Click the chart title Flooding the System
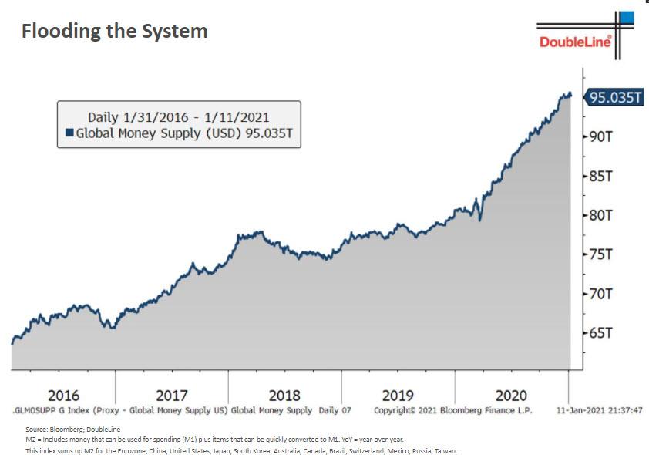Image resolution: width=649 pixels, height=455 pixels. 114,32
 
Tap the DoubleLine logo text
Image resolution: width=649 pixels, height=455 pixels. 575,42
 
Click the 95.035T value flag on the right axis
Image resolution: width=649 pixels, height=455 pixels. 615,97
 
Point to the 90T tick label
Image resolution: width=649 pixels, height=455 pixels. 601,136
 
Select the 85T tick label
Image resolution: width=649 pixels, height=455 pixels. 601,176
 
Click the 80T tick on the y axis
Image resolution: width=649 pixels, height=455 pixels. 601,215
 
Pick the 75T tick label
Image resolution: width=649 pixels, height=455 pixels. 601,254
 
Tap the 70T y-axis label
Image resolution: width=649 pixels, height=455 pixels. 601,294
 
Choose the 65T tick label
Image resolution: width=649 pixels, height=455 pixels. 601,333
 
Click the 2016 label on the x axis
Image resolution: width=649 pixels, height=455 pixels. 63,396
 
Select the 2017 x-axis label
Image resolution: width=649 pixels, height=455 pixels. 172,396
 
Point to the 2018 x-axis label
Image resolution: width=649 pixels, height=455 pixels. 284,396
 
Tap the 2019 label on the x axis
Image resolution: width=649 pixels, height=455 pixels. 398,396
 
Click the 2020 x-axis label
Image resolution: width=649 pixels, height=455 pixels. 511,396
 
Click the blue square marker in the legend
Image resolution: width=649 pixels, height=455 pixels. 69,133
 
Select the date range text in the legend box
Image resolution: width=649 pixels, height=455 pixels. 178,117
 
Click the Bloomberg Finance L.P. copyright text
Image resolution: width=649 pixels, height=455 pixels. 453,410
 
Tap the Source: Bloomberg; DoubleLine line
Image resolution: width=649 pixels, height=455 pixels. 73,429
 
